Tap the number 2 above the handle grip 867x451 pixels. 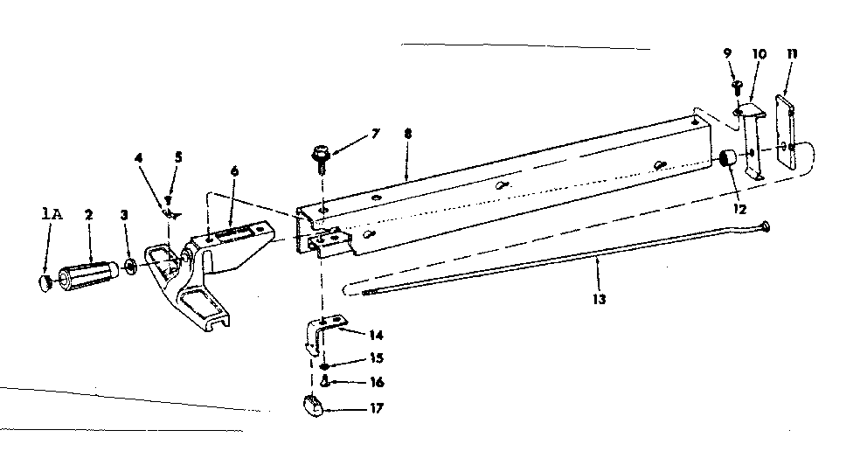88,214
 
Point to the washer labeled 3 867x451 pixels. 129,265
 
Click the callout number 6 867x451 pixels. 234,172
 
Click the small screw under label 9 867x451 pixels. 736,87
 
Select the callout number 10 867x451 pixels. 759,54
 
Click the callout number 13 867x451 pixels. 598,298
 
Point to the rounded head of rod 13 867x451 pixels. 765,227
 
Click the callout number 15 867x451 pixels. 375,358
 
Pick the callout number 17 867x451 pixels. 376,407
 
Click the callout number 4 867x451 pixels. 137,158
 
